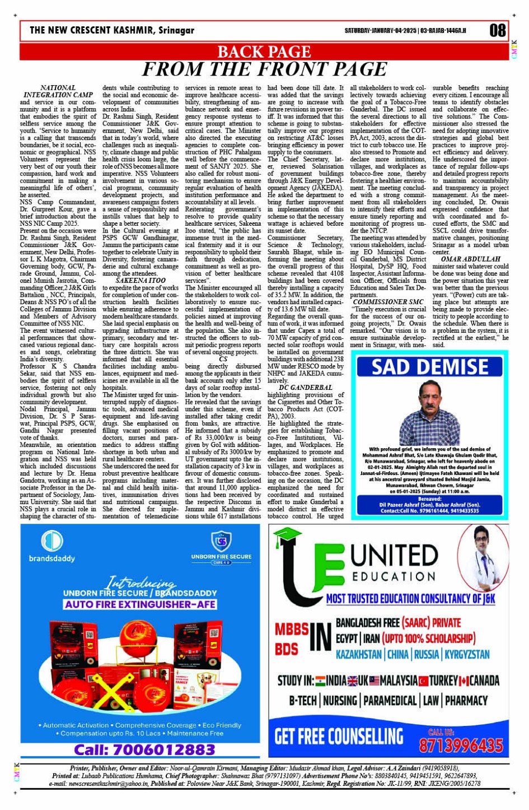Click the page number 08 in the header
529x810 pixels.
497,30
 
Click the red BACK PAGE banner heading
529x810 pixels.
264,52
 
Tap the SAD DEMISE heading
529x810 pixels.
430,367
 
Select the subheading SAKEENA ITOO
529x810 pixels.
141,280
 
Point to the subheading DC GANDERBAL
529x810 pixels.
306,388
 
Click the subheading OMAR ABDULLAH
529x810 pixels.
470,259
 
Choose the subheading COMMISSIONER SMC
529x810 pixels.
388,302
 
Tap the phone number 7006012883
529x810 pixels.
144,749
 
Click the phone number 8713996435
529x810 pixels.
461,745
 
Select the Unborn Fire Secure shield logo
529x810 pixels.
221,542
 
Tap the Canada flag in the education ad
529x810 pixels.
464,681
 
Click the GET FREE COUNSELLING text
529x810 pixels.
339,735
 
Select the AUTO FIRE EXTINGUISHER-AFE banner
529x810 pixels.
140,604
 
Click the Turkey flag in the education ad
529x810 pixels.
423,681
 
